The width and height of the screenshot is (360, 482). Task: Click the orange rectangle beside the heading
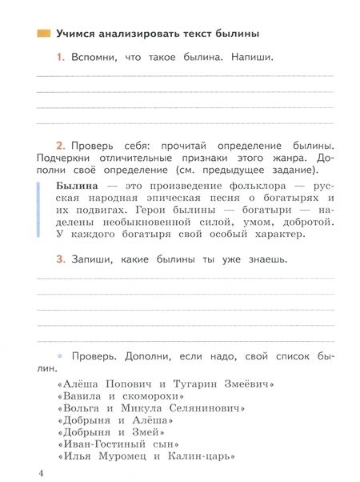point(41,34)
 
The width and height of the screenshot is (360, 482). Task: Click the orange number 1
point(59,58)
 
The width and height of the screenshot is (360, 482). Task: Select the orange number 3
point(59,259)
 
